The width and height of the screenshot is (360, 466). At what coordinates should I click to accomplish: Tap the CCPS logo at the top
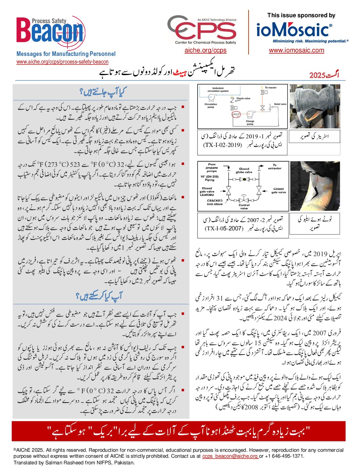202,30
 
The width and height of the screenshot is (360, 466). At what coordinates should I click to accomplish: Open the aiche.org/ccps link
205,50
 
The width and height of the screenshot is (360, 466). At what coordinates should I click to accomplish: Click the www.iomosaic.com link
296,50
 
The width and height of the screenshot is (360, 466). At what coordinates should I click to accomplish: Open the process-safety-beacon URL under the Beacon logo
63,62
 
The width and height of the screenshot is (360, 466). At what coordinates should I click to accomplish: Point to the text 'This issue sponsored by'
301,15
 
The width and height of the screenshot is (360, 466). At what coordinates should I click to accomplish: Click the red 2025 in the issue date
318,75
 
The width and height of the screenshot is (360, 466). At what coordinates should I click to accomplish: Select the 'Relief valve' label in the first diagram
280,104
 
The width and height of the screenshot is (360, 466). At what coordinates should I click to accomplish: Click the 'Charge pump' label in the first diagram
250,123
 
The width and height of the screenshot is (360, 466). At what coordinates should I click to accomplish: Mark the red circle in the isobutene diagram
236,115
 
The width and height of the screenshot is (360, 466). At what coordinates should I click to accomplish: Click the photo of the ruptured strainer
315,106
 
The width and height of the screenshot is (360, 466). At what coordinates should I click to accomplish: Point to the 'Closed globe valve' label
244,170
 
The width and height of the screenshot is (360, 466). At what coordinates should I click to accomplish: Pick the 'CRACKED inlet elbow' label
215,202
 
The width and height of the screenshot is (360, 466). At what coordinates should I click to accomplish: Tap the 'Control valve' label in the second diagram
244,207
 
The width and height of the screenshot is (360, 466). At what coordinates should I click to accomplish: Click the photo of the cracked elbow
315,186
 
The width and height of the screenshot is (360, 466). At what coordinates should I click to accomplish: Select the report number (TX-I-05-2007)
224,228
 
